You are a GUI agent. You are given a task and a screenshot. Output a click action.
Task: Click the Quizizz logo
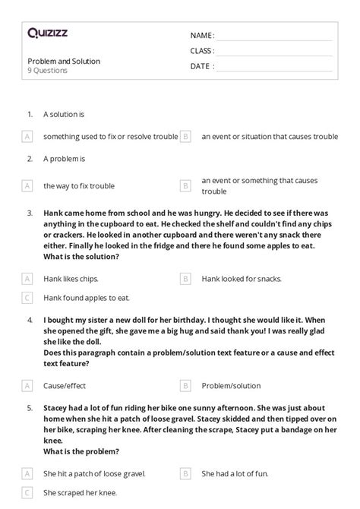point(48,33)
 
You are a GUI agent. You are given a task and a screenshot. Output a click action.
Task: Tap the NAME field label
point(202,36)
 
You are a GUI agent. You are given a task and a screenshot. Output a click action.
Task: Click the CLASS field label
point(202,51)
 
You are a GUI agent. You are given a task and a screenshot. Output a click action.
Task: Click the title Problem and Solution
point(64,61)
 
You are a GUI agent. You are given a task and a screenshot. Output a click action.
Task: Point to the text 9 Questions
point(47,71)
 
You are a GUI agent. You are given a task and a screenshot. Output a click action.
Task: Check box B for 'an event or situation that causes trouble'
point(185,137)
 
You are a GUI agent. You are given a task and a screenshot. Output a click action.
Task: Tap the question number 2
point(30,159)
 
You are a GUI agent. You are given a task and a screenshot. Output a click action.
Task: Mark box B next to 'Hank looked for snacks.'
point(185,279)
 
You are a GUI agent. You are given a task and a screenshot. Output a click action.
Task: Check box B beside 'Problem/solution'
point(185,385)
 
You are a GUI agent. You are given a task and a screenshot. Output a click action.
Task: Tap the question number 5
point(30,408)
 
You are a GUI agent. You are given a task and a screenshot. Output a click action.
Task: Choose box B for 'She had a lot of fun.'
point(185,473)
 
